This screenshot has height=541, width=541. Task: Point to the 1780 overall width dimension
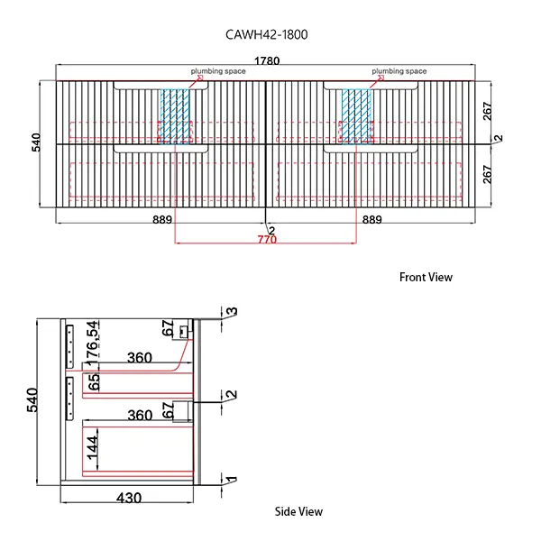(x=267, y=61)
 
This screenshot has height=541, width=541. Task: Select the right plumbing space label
(x=399, y=71)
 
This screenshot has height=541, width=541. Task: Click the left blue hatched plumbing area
(x=177, y=115)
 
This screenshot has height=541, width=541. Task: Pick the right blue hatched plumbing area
(x=356, y=115)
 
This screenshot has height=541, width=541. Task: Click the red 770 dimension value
(x=266, y=240)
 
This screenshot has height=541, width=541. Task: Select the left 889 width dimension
(x=162, y=219)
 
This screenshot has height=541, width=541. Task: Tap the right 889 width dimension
(x=371, y=219)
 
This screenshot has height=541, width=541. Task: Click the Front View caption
(x=426, y=278)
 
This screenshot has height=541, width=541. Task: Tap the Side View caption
(x=298, y=512)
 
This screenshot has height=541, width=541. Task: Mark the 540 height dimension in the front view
(x=37, y=143)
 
